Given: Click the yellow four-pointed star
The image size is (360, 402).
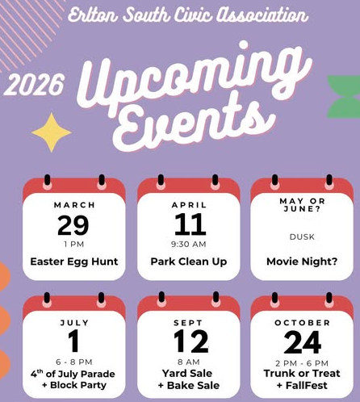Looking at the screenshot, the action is click(x=52, y=132).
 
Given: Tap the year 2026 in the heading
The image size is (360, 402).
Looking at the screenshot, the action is click(x=34, y=84).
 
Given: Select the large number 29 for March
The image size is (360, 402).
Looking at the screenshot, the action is click(x=73, y=225).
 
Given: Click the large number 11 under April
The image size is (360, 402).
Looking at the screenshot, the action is click(x=190, y=224).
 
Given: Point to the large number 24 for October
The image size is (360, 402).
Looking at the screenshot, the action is click(x=303, y=342).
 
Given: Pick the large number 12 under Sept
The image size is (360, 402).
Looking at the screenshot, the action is click(x=190, y=342).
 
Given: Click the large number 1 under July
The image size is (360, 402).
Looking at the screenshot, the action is click(x=73, y=341).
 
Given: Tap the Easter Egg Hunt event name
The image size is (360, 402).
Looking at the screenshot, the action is click(x=74, y=262).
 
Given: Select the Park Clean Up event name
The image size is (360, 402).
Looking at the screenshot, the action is click(x=189, y=262).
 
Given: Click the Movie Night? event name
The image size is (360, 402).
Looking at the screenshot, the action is click(x=302, y=262).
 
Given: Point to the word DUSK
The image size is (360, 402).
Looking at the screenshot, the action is click(x=302, y=237).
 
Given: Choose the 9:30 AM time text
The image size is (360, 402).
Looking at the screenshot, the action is click(x=189, y=244).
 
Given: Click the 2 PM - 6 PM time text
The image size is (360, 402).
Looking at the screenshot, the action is click(x=302, y=363).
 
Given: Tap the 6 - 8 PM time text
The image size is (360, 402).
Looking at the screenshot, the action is click(x=74, y=362).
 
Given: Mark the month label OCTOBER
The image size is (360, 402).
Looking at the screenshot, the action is click(x=302, y=323).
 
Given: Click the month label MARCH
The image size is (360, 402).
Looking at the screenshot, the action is click(x=74, y=205).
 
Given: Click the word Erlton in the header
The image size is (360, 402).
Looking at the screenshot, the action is click(x=93, y=15).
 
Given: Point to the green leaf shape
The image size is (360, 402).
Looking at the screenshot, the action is click(x=345, y=98).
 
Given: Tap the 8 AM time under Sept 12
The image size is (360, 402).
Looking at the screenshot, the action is click(x=189, y=362).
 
